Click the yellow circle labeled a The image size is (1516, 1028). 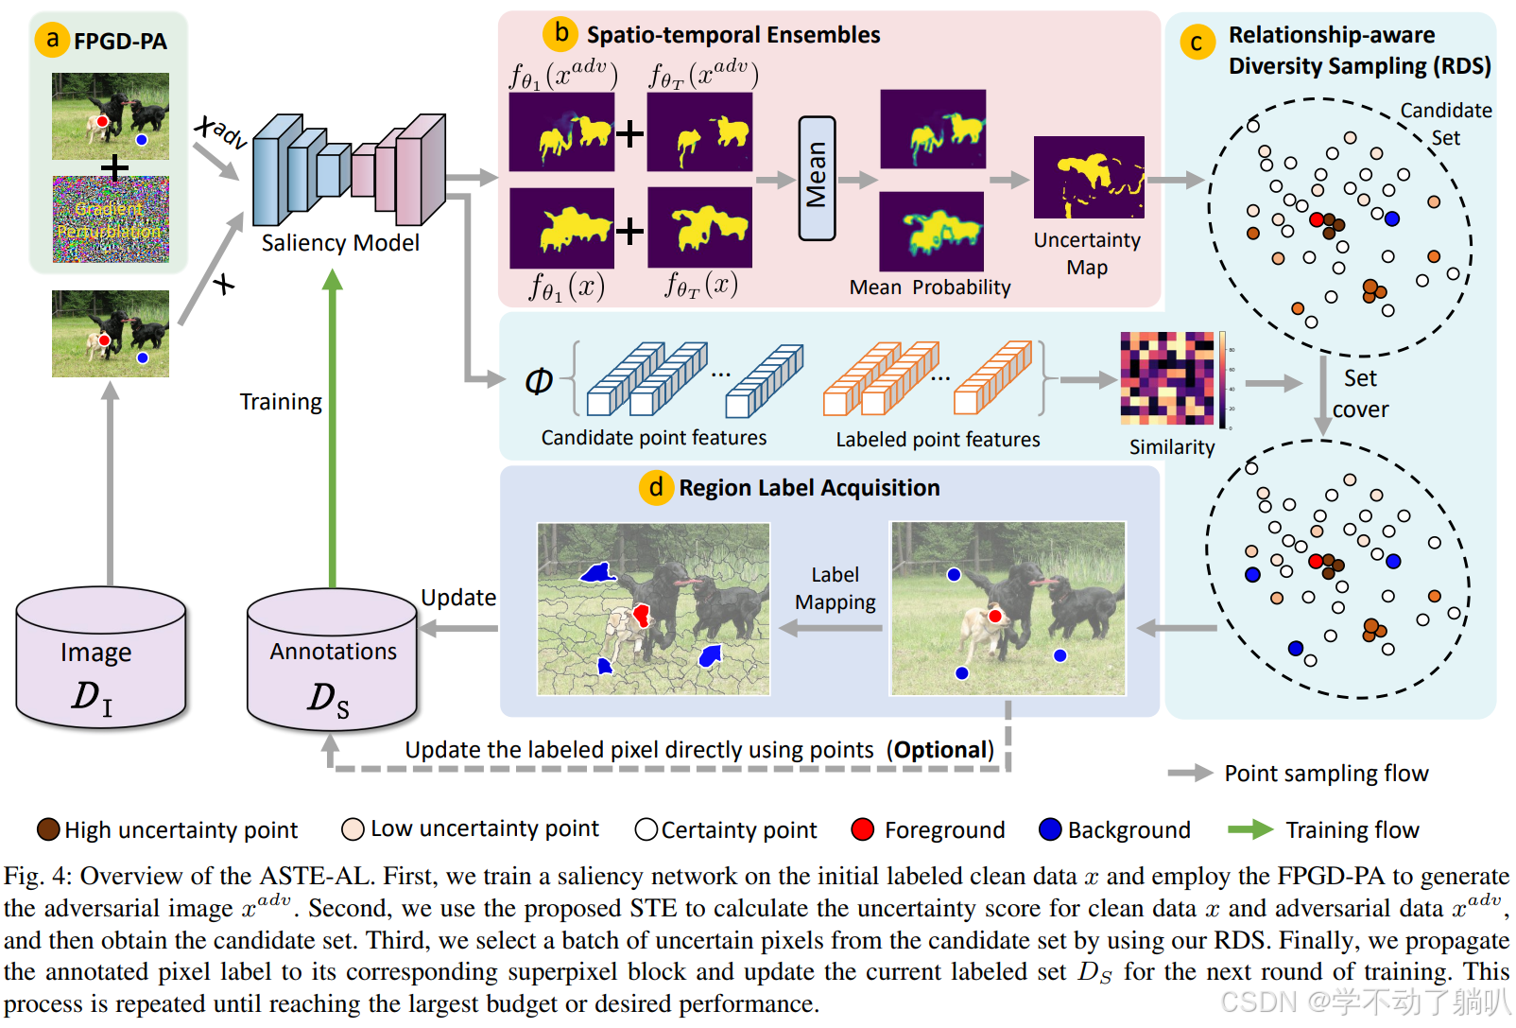coord(52,40)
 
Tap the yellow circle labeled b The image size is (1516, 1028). coord(560,32)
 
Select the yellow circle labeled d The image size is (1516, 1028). coord(656,487)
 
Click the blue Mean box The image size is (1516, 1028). coord(817,178)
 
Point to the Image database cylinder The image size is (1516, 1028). coord(101,657)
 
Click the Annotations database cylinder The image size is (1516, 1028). coord(332,659)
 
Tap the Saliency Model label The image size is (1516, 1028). coord(340,242)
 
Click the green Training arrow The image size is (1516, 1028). coord(333,428)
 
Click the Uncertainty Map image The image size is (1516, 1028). coord(1089,177)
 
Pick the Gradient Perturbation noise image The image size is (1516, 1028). coord(111,219)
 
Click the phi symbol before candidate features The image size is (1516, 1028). coord(539,381)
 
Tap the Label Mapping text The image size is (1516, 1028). coord(836,588)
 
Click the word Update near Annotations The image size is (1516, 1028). coord(458,598)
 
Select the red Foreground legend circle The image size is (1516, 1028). coord(862,829)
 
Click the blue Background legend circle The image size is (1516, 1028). coord(1050,829)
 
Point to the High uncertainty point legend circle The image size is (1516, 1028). coord(48,829)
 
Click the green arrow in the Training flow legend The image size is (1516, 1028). coord(1250,829)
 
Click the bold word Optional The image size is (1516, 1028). coord(940,750)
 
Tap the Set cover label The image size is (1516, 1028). coord(1360,393)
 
